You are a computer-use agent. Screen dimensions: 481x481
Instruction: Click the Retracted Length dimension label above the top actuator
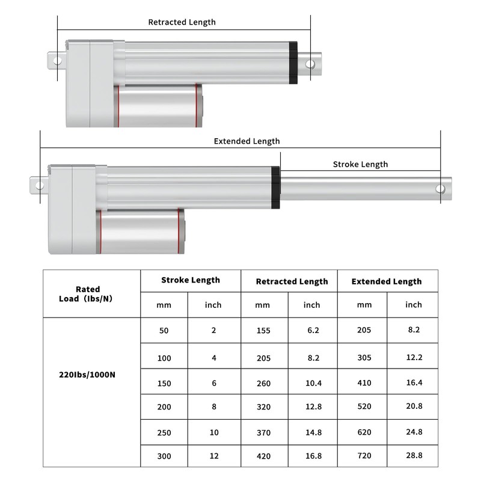[x=182, y=22]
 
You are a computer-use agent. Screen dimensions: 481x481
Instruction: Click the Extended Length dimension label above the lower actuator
[x=247, y=141]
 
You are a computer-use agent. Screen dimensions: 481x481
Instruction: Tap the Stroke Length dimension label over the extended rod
[x=360, y=164]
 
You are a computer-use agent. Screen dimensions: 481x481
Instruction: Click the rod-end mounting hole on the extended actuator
[x=441, y=189]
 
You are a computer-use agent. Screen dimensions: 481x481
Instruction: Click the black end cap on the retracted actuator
[x=293, y=63]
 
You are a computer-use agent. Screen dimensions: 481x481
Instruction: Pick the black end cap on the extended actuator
[x=275, y=188]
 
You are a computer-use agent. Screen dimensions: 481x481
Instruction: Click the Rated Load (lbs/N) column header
[x=91, y=293]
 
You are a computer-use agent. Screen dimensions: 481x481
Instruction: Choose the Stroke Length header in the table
[x=191, y=280]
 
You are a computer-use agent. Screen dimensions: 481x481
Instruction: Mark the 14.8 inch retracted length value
[x=311, y=432]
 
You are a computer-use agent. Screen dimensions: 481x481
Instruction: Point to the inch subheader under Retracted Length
[x=311, y=305]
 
